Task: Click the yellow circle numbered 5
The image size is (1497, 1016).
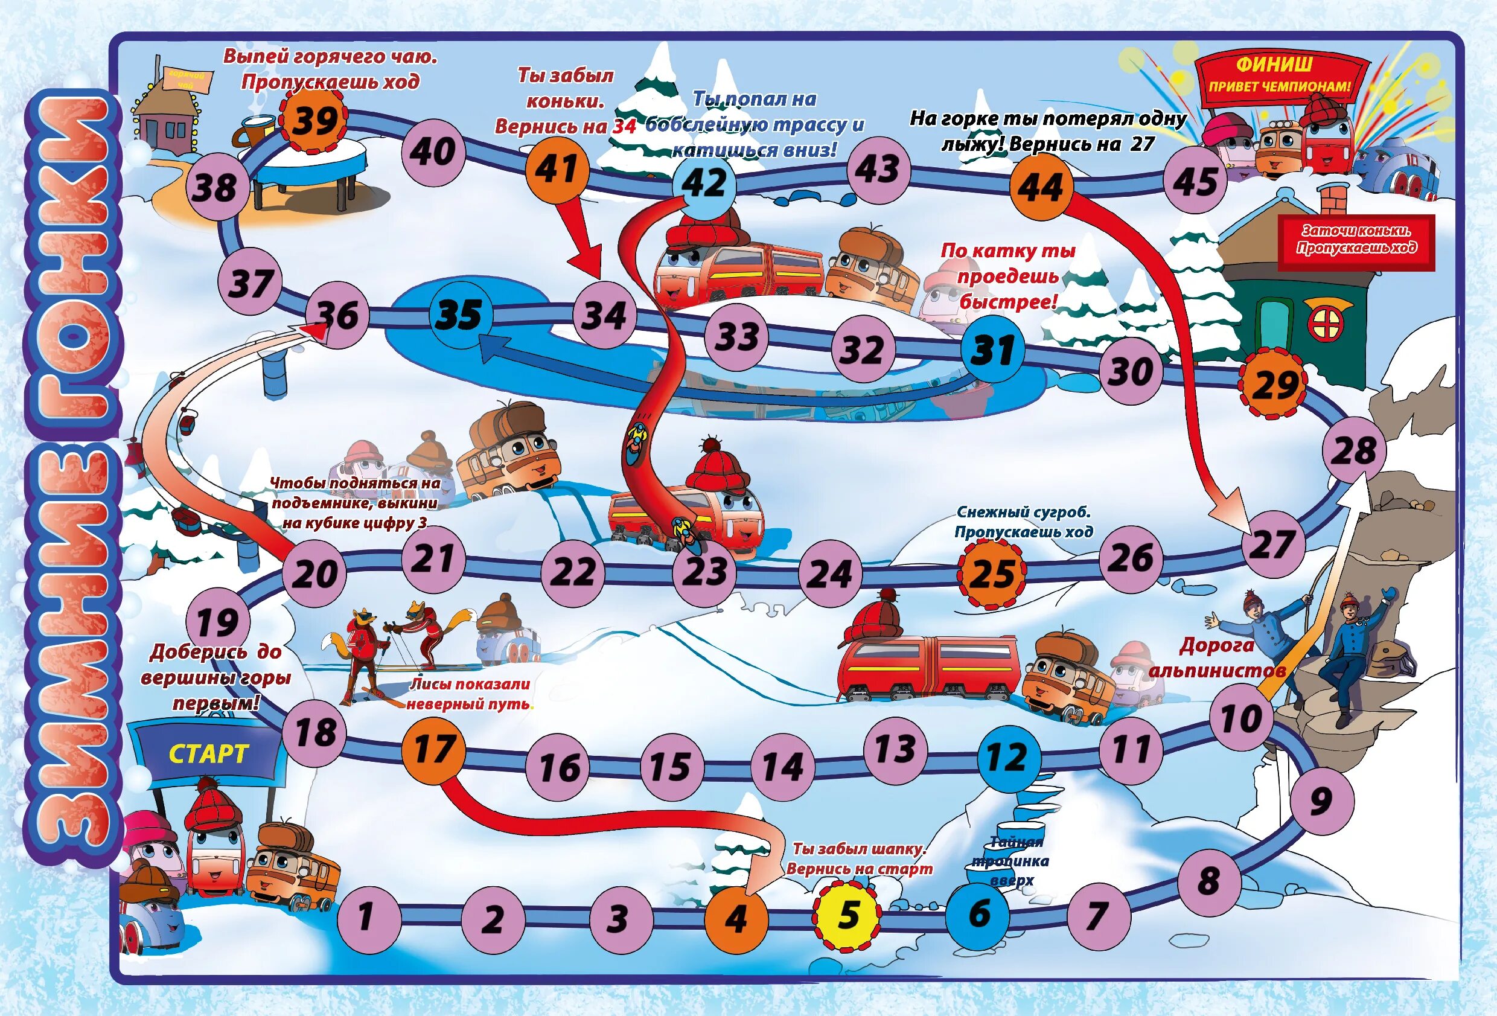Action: (847, 915)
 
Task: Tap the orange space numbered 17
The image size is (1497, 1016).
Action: (433, 749)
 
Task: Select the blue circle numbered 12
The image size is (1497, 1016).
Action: (1008, 757)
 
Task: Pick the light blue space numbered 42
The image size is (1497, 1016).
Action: (704, 183)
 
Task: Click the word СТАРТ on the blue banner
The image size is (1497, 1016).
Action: (208, 754)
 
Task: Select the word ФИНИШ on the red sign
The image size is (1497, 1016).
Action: (1274, 65)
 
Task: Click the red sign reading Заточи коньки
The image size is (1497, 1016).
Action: (1356, 240)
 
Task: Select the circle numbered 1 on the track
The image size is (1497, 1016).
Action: (365, 916)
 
